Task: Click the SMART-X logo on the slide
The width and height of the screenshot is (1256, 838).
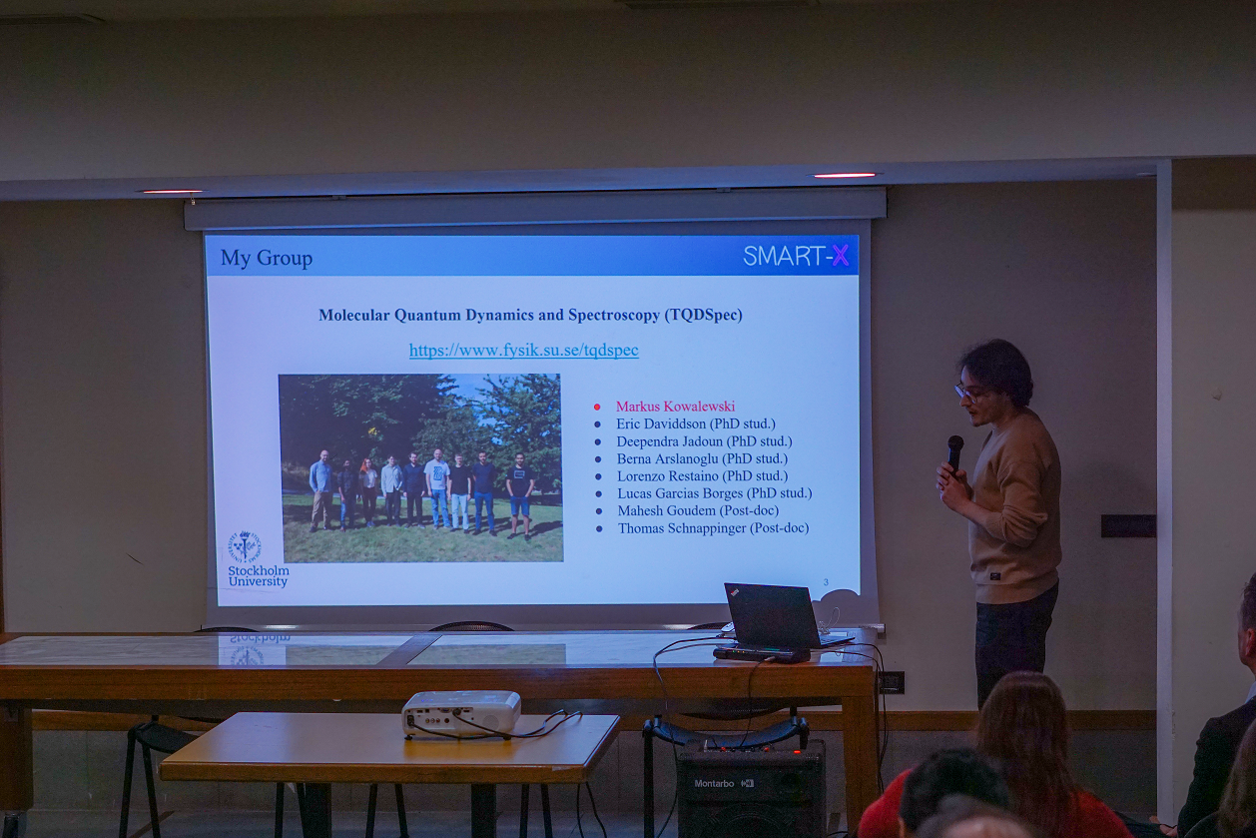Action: click(796, 256)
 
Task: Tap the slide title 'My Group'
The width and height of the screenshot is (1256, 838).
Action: click(267, 258)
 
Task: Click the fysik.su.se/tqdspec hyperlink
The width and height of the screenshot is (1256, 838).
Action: click(524, 350)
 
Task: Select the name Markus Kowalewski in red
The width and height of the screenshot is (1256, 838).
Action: click(675, 407)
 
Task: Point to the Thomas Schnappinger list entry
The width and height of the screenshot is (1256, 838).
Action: click(713, 527)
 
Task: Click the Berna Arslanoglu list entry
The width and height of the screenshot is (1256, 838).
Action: click(702, 458)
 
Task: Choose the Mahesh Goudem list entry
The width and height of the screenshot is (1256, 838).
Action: click(698, 510)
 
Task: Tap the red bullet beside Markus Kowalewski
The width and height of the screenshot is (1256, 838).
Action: click(597, 407)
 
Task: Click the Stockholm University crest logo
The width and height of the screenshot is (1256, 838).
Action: click(245, 545)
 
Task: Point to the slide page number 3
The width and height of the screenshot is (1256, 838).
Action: click(826, 582)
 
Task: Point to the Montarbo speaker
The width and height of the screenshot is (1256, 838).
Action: click(751, 788)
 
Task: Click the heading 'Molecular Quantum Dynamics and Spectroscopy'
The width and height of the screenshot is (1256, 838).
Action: click(490, 316)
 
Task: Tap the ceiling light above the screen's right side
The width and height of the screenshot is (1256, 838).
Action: click(845, 175)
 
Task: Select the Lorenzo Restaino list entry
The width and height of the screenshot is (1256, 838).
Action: click(703, 475)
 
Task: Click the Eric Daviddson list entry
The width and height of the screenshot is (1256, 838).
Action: click(696, 423)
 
